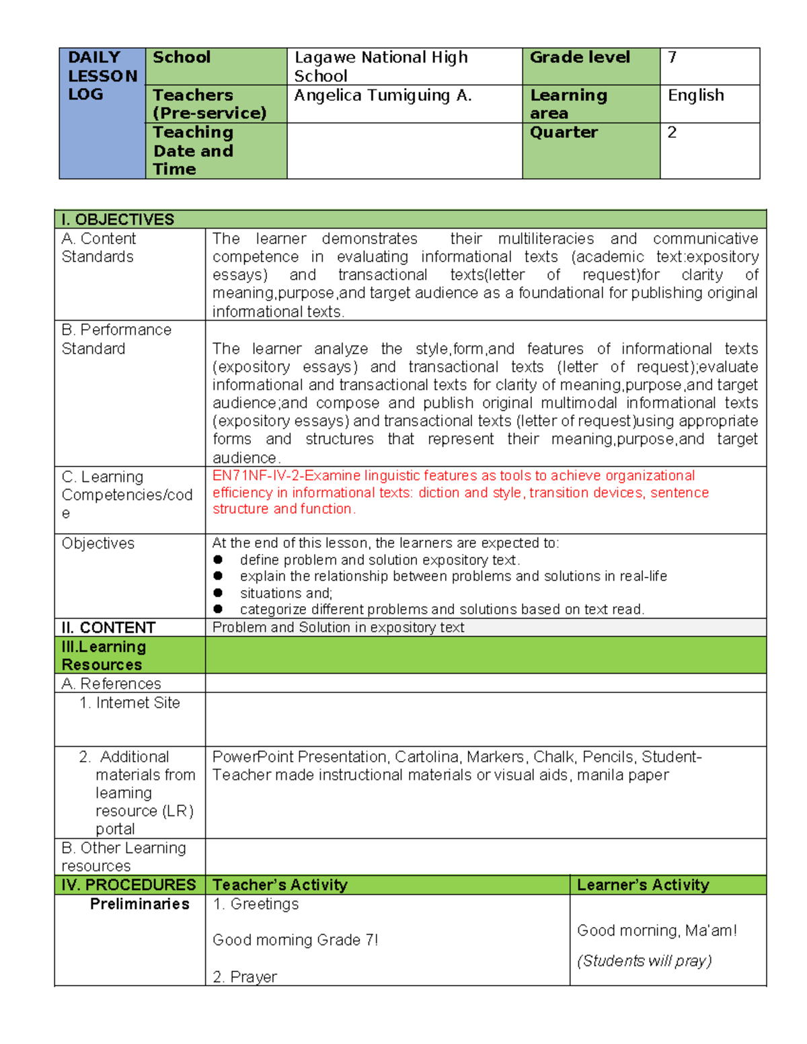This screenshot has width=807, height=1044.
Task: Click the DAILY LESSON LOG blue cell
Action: coord(102,113)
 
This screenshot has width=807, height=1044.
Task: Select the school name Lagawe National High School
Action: coord(381,67)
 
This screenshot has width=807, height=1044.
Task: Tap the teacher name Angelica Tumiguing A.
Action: coord(383,96)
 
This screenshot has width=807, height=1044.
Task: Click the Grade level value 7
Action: coord(672,58)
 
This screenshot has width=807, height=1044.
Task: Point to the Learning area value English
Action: coord(695,95)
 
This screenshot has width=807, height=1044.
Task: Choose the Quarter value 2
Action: coord(672,132)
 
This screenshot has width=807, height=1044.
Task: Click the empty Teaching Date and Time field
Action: coord(404,151)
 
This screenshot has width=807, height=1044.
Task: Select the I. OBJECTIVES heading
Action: coord(118,220)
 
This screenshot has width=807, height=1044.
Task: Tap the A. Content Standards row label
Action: coord(98,247)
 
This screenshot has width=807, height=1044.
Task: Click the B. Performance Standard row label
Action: coord(116,339)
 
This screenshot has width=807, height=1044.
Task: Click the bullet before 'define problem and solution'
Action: coord(218,560)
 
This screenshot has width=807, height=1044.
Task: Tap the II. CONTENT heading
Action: coord(108,628)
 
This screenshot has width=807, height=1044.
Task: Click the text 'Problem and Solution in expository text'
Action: coord(338,628)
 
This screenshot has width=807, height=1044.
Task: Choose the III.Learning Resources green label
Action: coord(104,655)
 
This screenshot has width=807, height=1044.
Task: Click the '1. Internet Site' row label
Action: coord(130,703)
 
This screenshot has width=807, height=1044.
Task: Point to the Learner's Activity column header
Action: coord(643,885)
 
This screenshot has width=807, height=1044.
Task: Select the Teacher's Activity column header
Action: coord(280,885)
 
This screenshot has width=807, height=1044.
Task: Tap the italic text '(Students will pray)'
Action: coord(644,961)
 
